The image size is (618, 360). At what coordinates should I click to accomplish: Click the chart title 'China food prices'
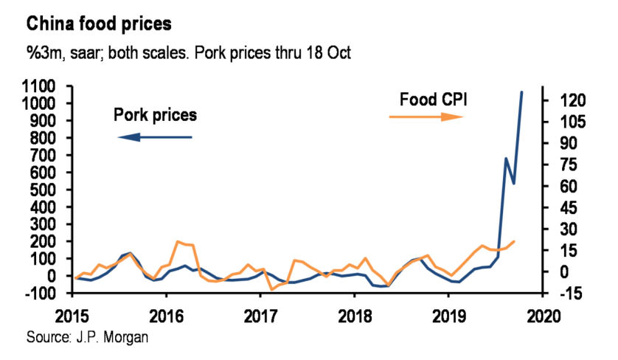(x=99, y=24)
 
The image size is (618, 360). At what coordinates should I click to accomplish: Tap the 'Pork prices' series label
(x=155, y=115)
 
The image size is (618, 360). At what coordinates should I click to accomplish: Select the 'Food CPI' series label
(x=433, y=99)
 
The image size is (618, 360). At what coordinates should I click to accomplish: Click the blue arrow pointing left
(x=154, y=137)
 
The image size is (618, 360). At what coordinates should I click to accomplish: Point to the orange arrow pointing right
(x=427, y=117)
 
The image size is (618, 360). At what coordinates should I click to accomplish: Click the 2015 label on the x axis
(x=76, y=314)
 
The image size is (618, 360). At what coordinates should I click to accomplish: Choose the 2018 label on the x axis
(x=355, y=314)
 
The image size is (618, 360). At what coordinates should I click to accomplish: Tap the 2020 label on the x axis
(x=541, y=314)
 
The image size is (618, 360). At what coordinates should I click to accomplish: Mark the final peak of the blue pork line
(x=522, y=92)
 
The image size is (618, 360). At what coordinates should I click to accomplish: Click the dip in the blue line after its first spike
(x=514, y=183)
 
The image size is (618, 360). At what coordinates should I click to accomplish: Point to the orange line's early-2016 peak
(x=178, y=241)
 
